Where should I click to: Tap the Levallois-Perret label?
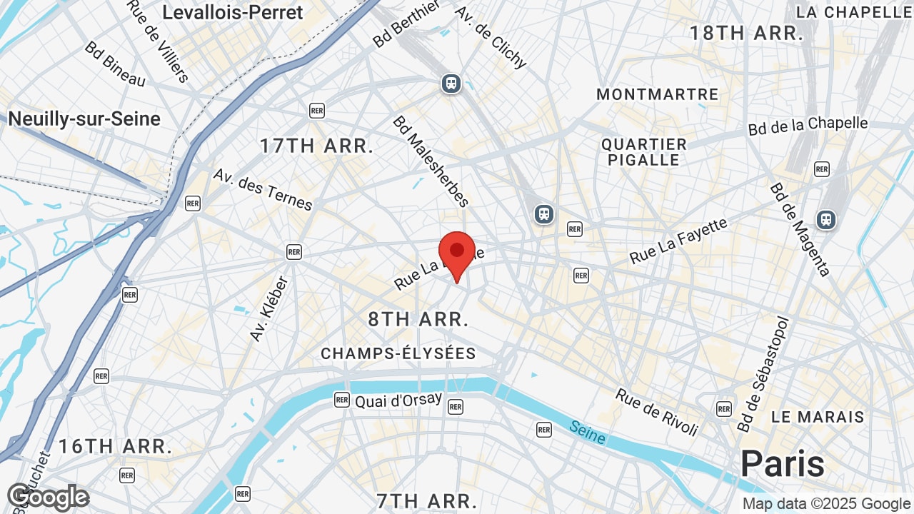pos(233,12)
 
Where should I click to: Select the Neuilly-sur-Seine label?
pos(84,119)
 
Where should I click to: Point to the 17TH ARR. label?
pos(316,146)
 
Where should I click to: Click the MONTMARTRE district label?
pos(658,94)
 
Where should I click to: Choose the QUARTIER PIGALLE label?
pos(644,152)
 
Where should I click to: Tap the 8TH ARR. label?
pos(418,319)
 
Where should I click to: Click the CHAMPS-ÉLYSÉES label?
pos(398,353)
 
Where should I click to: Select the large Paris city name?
pos(783,464)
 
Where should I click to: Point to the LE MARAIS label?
pos(818,417)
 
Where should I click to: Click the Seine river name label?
pos(588,432)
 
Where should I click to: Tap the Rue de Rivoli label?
pos(657,412)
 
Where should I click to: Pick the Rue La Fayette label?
pos(678,241)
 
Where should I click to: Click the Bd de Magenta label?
pos(800,229)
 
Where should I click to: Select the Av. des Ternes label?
pos(263,190)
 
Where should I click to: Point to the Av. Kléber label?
pos(268,308)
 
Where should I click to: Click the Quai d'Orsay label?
pos(398,400)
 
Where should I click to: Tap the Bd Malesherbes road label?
pos(431,161)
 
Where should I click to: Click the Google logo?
pos(48,497)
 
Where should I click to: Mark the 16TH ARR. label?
pos(115,447)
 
